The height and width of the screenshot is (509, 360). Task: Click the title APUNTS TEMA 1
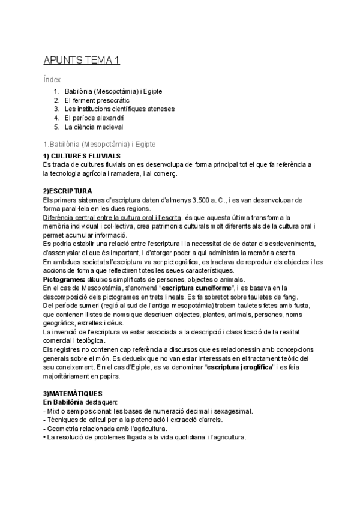82,60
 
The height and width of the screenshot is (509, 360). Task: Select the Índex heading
52,79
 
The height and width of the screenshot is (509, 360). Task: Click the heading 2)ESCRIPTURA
67,191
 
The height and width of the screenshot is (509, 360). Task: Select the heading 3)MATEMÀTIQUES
73,393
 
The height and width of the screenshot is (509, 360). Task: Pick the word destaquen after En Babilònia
103,402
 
